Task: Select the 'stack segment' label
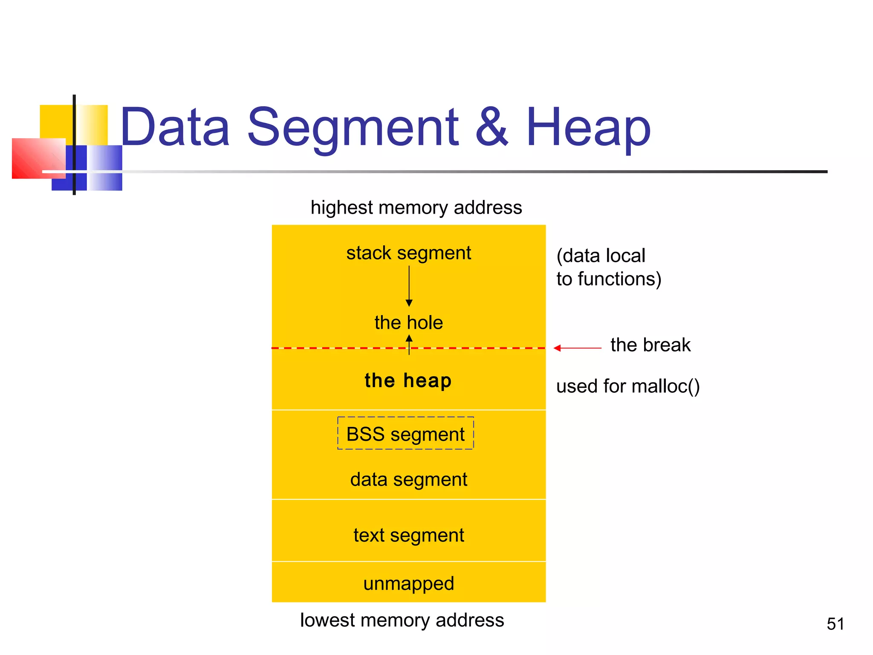coord(408,253)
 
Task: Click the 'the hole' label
coord(408,323)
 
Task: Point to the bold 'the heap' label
coord(408,380)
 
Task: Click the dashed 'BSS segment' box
coord(405,433)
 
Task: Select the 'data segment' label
coord(408,480)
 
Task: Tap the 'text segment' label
coord(408,536)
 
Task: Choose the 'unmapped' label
coord(408,584)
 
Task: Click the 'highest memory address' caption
coord(416,208)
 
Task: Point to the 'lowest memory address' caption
coord(402,620)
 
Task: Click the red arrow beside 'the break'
coord(577,348)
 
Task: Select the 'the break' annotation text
coord(650,345)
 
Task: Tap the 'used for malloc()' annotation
coord(628,386)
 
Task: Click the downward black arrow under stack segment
coord(409,286)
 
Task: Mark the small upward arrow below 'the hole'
coord(409,344)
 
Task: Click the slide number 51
coord(835,624)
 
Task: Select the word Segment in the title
coord(353,128)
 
